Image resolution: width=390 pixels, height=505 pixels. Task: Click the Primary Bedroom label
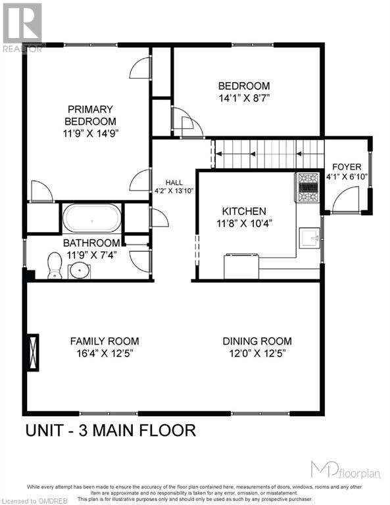click(89, 115)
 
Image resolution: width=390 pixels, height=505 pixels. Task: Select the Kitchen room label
click(243, 211)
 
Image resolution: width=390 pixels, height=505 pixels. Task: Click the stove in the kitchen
click(308, 187)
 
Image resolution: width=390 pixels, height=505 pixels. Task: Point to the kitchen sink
click(308, 236)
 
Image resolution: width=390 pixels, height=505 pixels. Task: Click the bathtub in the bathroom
click(91, 218)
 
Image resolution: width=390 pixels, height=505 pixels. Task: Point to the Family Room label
click(105, 341)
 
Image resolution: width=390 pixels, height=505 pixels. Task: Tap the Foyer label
click(345, 166)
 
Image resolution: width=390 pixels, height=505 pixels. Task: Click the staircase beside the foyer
click(266, 155)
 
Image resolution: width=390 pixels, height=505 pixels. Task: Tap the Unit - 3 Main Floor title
click(110, 431)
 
